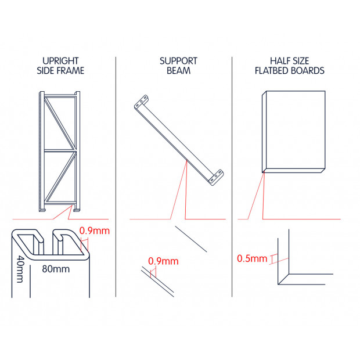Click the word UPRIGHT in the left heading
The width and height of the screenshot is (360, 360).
click(x=60, y=61)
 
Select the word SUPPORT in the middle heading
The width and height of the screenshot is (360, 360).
click(x=178, y=61)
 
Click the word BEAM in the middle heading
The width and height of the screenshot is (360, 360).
click(x=178, y=70)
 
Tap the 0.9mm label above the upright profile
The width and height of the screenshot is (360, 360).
click(x=95, y=231)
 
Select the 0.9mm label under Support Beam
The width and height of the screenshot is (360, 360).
click(x=163, y=261)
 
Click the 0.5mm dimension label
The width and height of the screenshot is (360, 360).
click(x=252, y=258)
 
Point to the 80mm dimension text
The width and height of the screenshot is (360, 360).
click(x=56, y=269)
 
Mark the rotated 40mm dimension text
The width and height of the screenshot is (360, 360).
click(x=20, y=269)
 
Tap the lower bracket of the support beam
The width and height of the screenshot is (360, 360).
click(x=216, y=177)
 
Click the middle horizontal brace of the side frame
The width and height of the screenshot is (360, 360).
click(x=60, y=150)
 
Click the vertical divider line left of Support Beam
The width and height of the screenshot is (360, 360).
click(x=116, y=177)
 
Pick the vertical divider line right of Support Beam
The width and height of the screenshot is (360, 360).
click(x=232, y=177)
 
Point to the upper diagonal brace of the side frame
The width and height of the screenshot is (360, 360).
click(x=60, y=124)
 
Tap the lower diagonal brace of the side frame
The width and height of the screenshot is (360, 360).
click(x=60, y=177)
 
